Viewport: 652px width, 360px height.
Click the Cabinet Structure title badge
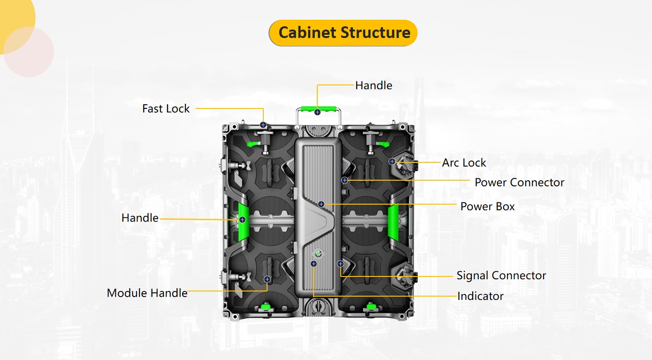343,33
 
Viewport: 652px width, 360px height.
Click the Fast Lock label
166,108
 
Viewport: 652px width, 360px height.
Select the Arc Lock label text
464,162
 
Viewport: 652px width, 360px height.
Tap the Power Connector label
519,182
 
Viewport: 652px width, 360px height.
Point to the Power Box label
487,206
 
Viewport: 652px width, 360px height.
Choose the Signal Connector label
501,275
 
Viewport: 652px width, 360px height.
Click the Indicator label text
480,296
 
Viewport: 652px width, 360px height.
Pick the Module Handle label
147,293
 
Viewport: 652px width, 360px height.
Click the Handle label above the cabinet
373,85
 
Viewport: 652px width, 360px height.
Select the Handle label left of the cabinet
140,218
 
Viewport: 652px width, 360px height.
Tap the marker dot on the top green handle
318,112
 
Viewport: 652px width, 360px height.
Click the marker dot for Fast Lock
263,125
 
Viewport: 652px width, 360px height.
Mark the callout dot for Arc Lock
392,161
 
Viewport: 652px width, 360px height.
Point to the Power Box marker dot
321,204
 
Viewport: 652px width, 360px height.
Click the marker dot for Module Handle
267,279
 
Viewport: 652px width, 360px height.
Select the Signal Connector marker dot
340,264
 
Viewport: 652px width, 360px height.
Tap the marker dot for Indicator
314,264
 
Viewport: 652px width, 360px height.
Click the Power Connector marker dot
345,180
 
